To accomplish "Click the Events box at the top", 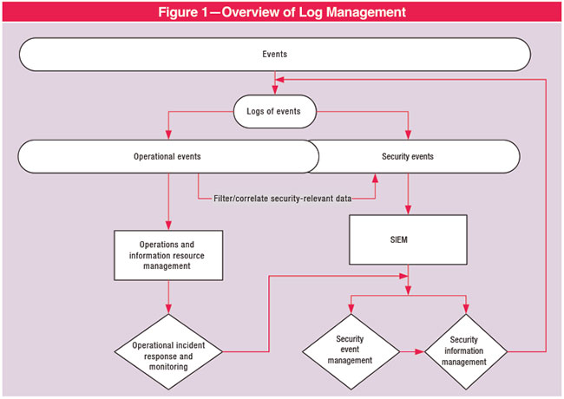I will pos(274,54).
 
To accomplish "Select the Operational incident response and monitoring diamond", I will pos(167,350).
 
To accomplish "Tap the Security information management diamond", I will pos(468,351).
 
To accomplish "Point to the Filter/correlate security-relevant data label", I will pos(283,199).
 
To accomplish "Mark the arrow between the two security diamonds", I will pos(411,351).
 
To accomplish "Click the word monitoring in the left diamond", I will pos(167,367).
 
